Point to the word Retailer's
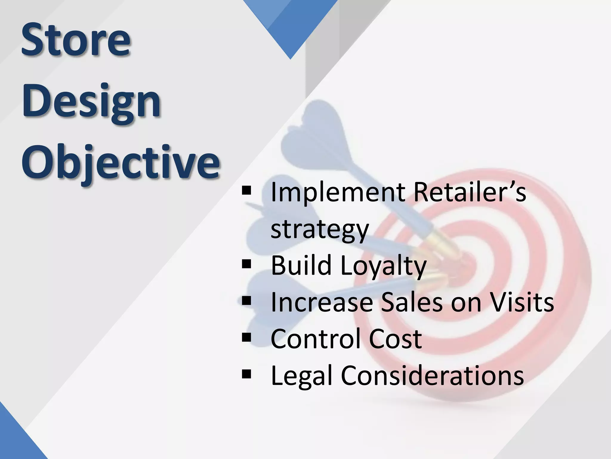(470, 193)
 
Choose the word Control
(316, 339)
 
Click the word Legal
(302, 376)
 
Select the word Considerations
(432, 376)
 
